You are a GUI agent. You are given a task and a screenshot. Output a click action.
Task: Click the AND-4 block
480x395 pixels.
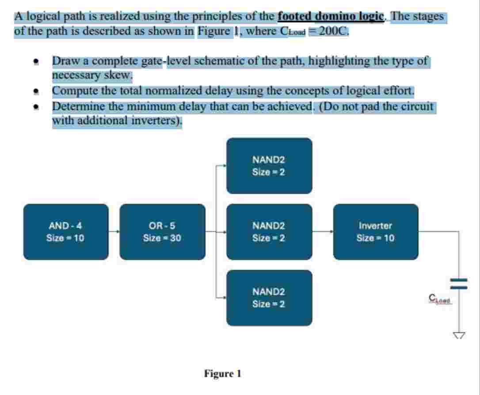(x=65, y=232)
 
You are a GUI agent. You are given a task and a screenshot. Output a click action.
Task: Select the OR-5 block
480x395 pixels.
(x=162, y=232)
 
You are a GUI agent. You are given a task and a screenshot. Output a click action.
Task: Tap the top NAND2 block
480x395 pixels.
(x=269, y=166)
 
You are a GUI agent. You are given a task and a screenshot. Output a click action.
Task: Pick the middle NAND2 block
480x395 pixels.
(x=269, y=232)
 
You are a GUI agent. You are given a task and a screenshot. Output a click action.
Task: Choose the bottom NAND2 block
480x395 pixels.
(x=269, y=298)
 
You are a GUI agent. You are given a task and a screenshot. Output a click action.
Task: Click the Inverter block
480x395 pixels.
(x=376, y=232)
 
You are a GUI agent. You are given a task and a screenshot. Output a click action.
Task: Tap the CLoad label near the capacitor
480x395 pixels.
(x=438, y=299)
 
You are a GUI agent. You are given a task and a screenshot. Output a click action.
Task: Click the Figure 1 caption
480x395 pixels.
(x=223, y=374)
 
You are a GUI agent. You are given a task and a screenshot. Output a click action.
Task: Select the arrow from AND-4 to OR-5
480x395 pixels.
(x=114, y=232)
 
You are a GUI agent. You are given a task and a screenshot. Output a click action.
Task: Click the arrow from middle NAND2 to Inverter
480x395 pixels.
(x=323, y=231)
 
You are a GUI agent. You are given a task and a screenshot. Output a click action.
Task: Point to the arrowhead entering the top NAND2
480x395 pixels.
(x=224, y=166)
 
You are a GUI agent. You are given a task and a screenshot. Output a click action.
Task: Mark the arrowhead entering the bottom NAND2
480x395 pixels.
(x=224, y=298)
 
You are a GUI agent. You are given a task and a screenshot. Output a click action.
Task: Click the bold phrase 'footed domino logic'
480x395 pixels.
(x=331, y=17)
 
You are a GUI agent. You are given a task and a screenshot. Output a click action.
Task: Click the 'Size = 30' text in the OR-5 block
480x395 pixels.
(x=162, y=238)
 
